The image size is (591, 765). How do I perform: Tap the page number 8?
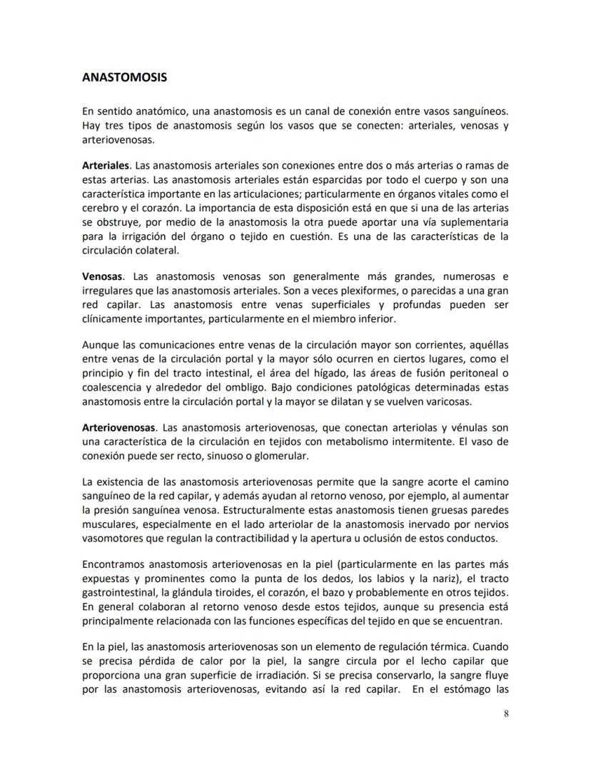(x=505, y=715)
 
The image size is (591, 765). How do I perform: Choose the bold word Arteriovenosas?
(x=119, y=427)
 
